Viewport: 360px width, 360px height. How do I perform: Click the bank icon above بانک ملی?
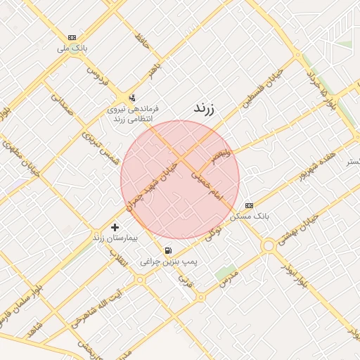(72, 37)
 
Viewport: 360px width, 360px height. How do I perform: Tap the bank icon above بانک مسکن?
(250, 205)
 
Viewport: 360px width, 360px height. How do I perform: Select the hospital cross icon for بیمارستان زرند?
(115, 227)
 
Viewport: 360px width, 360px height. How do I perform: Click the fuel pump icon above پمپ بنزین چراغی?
(167, 250)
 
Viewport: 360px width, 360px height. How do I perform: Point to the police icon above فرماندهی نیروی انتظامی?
(132, 98)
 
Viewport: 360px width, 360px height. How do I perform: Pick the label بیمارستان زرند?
(116, 238)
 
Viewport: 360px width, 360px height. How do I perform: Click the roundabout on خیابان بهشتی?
(268, 245)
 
